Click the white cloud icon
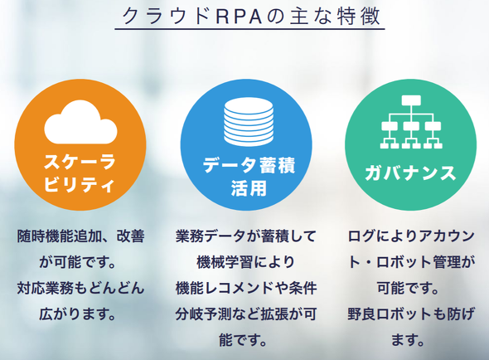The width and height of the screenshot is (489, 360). [x=80, y=123]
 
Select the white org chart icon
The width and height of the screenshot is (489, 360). [x=411, y=122]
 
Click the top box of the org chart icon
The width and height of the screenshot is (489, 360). [x=411, y=100]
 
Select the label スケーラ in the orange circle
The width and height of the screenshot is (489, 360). [x=80, y=162]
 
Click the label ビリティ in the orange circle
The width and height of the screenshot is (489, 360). [x=79, y=183]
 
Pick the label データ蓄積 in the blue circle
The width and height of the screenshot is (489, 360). [x=249, y=165]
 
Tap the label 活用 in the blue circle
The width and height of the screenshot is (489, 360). [x=249, y=188]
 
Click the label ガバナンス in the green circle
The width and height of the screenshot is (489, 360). [x=411, y=173]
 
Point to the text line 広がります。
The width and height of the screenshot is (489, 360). [x=77, y=314]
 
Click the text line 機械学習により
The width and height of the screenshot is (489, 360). [x=246, y=261]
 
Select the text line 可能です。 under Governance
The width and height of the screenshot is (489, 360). [x=408, y=288]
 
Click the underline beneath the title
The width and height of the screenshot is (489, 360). [x=249, y=29]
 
